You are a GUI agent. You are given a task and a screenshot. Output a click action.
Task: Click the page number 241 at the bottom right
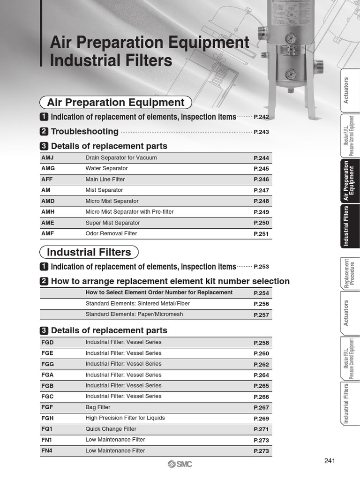tap(330, 461)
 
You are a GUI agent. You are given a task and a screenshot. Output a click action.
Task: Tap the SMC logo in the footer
tap(180, 464)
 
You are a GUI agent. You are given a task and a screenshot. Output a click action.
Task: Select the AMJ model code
tap(48, 158)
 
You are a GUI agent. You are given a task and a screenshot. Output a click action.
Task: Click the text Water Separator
tap(106, 169)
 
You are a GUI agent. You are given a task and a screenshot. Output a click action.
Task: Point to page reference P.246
tap(261, 180)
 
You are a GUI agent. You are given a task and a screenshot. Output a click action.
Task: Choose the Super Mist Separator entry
tap(112, 223)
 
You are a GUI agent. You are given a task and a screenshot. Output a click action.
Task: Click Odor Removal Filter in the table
tap(111, 234)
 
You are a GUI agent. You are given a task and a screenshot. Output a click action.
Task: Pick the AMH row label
tap(48, 212)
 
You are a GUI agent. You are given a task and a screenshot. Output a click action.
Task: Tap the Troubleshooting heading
tap(84, 132)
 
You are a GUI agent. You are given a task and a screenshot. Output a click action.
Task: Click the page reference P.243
tap(261, 132)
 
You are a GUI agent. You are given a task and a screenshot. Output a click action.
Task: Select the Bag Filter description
tap(98, 407)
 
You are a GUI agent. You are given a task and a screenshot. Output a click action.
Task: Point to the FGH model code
tap(47, 418)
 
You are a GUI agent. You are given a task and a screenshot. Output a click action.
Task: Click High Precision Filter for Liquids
tap(125, 418)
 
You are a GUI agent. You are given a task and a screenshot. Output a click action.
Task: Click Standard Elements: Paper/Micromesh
tap(134, 314)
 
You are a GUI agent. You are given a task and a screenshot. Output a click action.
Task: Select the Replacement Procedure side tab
tap(349, 273)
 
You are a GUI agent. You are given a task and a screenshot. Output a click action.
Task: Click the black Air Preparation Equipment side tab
tap(349, 181)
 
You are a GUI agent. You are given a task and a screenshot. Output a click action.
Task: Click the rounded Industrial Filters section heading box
tap(89, 253)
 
